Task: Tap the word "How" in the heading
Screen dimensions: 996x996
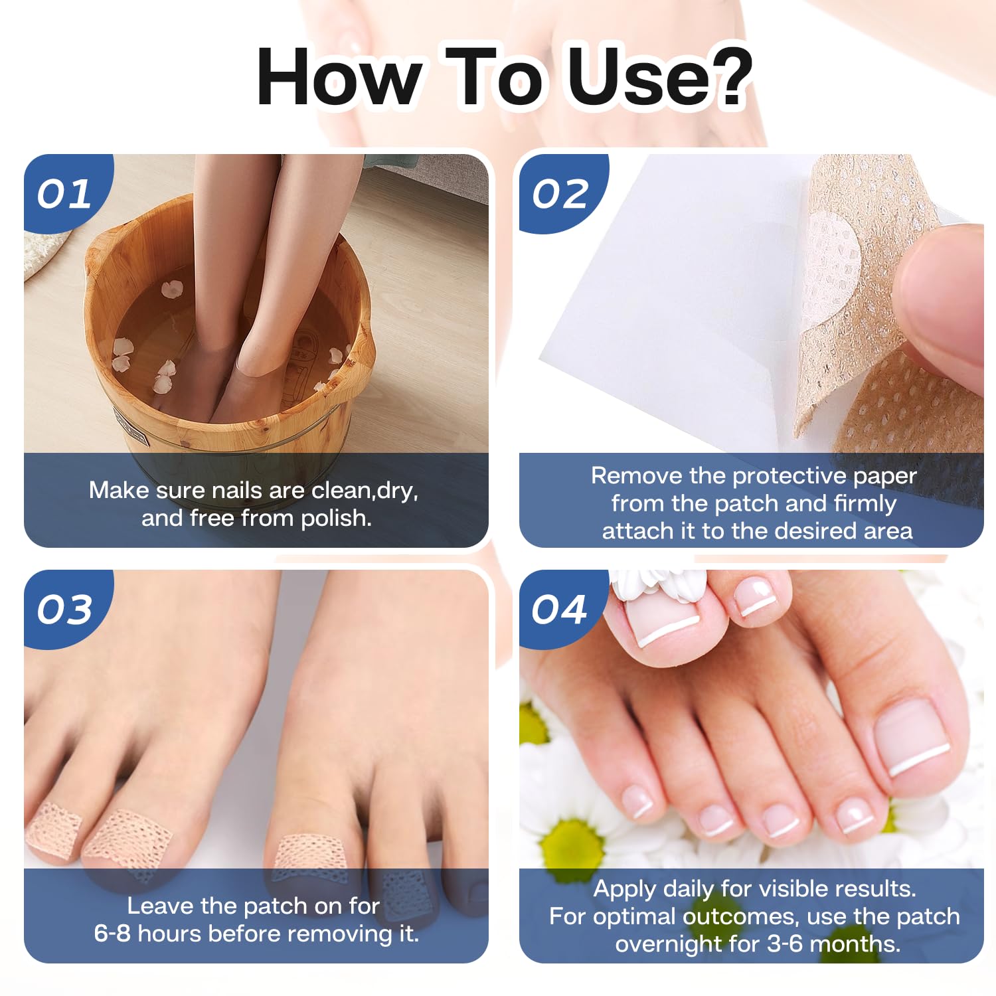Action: pos(339,77)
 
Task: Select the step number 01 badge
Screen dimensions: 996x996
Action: pos(64,194)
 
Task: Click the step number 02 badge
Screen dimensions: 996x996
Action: pos(560,194)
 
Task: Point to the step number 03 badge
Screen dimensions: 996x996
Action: pos(64,610)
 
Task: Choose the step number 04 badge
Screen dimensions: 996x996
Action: pos(559,610)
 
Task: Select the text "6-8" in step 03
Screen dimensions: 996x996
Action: pos(112,934)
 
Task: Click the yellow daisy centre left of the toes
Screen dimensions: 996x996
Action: pos(570,847)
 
